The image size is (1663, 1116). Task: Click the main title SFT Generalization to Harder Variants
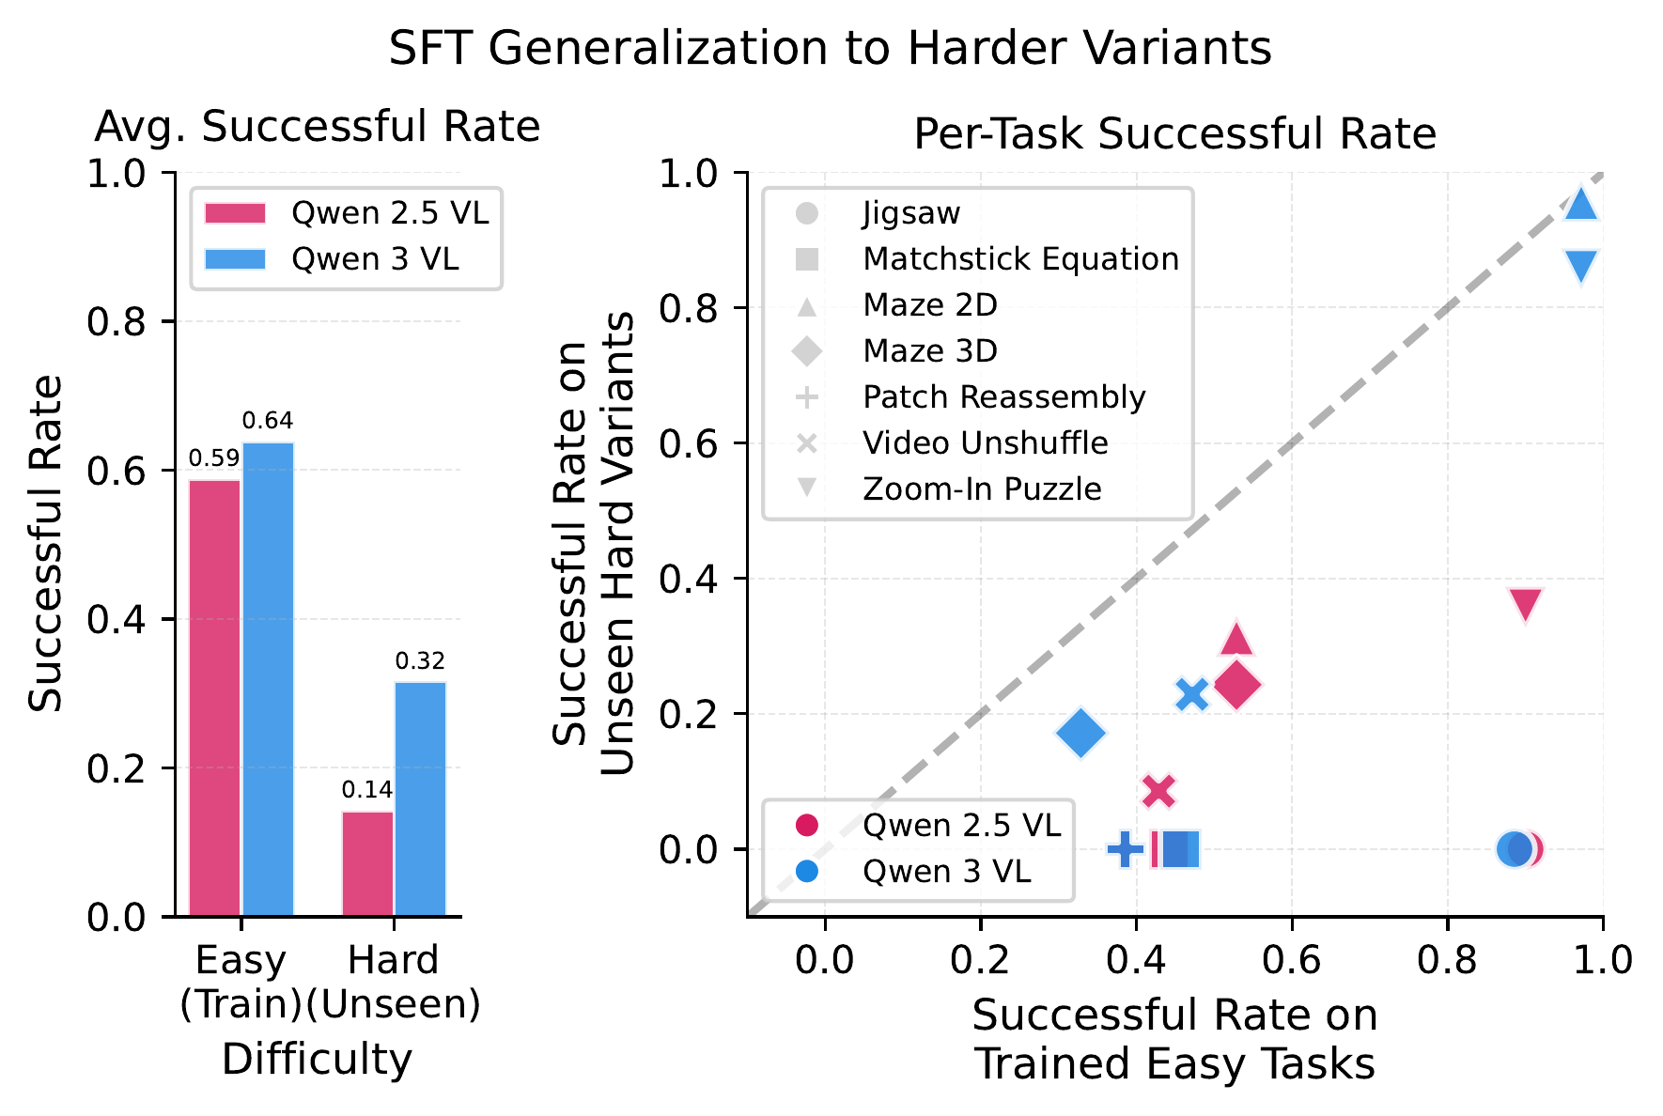coord(830,49)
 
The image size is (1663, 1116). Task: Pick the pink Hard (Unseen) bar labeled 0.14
coord(367,863)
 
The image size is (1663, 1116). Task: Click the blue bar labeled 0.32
coord(420,798)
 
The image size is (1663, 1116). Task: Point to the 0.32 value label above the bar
coord(420,661)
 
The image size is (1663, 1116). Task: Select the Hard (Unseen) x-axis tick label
coord(394,982)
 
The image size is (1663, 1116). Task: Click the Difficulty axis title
coord(317,1060)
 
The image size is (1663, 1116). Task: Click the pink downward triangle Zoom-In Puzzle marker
coord(1526,605)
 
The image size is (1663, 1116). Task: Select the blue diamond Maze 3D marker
coord(1081,733)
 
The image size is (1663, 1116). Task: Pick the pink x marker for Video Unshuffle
coord(1159,791)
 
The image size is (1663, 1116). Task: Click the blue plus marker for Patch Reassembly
coord(1126,849)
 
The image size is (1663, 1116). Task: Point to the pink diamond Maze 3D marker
coord(1237,685)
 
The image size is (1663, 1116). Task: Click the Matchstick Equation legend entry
coord(1019,259)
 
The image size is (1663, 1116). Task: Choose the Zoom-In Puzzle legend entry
coord(981,489)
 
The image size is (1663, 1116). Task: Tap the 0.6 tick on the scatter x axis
coord(1292,960)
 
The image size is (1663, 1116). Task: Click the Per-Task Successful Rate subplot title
coord(1174,134)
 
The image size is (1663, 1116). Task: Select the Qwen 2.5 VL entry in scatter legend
coord(960,826)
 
